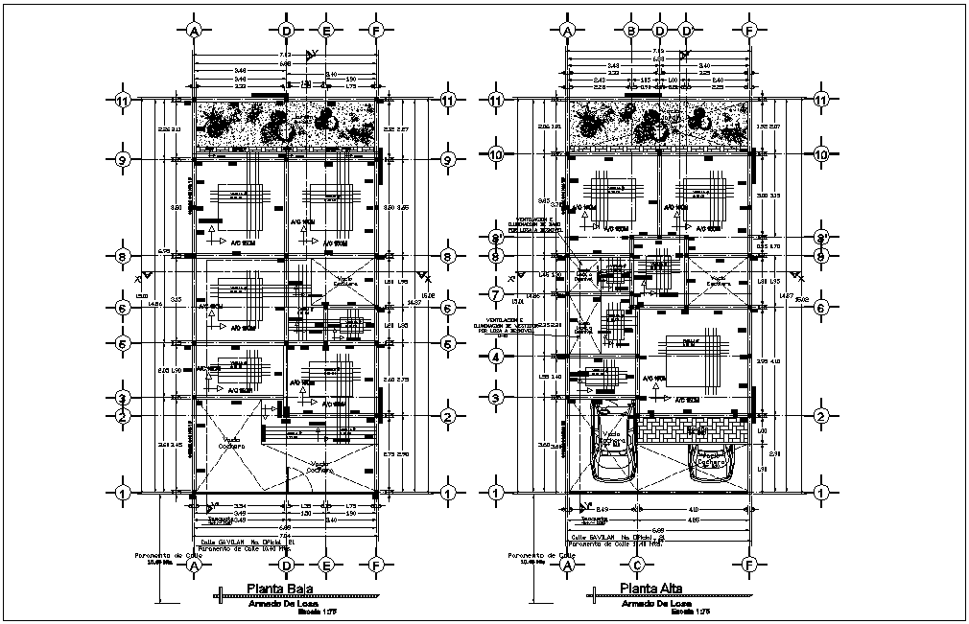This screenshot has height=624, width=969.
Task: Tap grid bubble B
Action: click(631, 31)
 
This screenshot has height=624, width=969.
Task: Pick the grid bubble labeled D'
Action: click(687, 31)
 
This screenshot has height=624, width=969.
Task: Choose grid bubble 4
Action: click(496, 356)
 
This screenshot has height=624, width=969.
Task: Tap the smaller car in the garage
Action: click(711, 461)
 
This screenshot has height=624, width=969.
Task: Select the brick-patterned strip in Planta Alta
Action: click(697, 428)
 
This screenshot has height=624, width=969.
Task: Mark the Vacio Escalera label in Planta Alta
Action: click(719, 283)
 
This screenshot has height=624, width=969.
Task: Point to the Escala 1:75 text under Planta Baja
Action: click(319, 611)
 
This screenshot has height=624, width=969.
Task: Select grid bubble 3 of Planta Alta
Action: click(496, 397)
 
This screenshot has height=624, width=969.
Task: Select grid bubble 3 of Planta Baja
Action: click(123, 397)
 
